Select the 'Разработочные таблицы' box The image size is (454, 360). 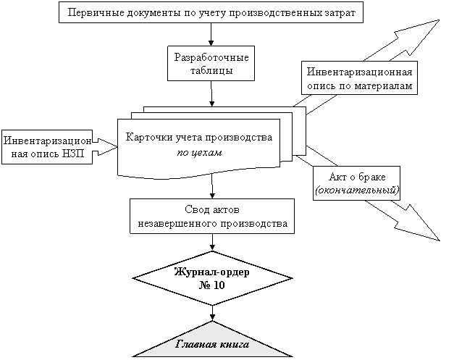coord(211,64)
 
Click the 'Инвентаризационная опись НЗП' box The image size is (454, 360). coord(47,147)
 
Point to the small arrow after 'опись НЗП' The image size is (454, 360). coord(105,147)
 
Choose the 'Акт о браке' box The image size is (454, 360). coord(357,184)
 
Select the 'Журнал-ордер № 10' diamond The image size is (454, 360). coord(212,279)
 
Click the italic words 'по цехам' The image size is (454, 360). coord(199,154)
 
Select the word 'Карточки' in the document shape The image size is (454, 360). coord(147,138)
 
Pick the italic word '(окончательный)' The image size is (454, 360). coord(357,191)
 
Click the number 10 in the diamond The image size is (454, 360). coord(218,285)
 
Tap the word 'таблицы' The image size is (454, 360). coord(211,71)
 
